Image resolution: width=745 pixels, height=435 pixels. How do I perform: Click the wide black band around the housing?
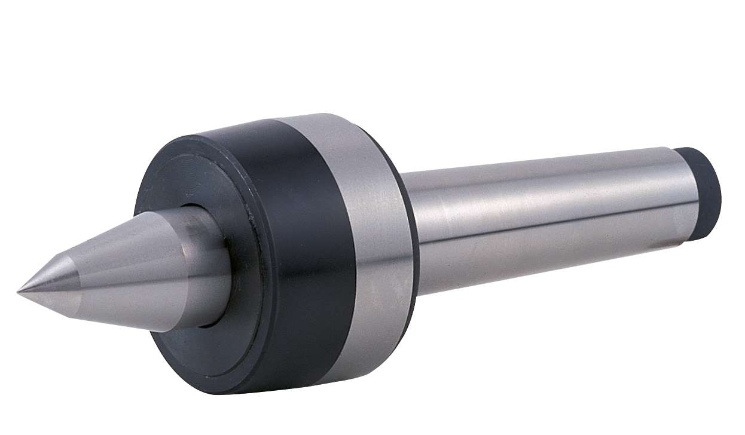point(299,239)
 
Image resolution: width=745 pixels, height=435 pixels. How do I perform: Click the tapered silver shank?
point(538,227)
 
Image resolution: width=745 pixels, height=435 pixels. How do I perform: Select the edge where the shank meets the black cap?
point(688,191)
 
